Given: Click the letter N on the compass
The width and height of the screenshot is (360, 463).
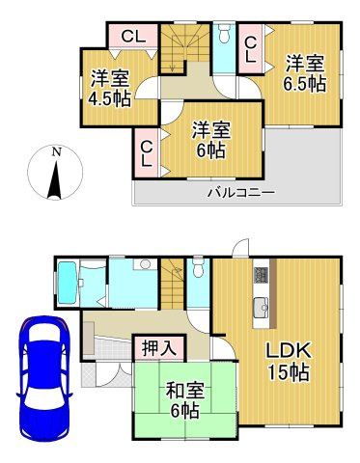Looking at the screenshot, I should [x=57, y=152].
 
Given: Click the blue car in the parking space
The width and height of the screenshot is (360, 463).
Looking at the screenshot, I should [x=41, y=365].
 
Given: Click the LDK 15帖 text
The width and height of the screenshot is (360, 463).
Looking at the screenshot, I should [x=288, y=358].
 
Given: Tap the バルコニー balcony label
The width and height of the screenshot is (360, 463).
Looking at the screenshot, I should [x=240, y=193].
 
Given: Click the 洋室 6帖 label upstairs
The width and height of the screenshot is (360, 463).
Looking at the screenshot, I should [x=210, y=137].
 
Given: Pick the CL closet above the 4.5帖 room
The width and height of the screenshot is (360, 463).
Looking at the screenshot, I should [x=133, y=38].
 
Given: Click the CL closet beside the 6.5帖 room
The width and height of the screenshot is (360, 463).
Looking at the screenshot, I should [x=249, y=49].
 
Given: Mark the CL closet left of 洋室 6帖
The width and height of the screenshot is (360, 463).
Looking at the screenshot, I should [x=147, y=152].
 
